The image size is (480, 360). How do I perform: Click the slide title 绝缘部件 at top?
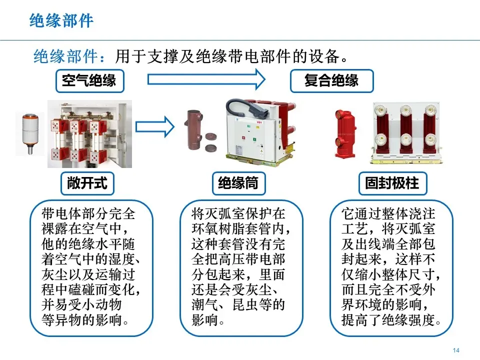pyautogui.click(x=61, y=20)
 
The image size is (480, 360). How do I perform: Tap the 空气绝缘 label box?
pyautogui.click(x=89, y=80)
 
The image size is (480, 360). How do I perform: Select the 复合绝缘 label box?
pyautogui.click(x=331, y=80)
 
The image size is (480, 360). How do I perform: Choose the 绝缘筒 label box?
pyautogui.click(x=238, y=183)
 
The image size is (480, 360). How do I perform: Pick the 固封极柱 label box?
pyautogui.click(x=391, y=183)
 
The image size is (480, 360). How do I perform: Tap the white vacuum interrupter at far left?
pyautogui.click(x=30, y=132)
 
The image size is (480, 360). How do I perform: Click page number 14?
pyautogui.click(x=455, y=350)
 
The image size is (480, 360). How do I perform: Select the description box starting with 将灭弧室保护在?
pyautogui.click(x=241, y=268)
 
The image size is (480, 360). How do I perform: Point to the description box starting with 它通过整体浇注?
pyautogui.click(x=391, y=268)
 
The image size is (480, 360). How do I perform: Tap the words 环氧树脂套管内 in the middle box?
pyautogui.click(x=240, y=229)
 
